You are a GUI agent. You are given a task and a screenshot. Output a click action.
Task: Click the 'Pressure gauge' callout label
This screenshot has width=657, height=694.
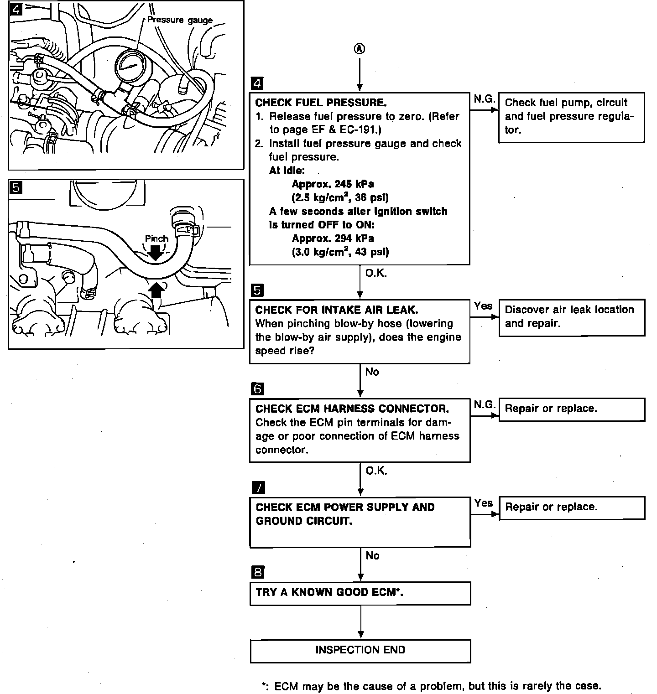[x=180, y=20]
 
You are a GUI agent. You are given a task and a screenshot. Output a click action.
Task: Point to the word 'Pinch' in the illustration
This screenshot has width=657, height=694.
[x=156, y=238]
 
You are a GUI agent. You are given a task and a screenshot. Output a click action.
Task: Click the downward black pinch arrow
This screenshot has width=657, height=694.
[x=156, y=252]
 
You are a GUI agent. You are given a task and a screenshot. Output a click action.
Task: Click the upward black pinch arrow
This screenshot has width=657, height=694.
[x=156, y=289]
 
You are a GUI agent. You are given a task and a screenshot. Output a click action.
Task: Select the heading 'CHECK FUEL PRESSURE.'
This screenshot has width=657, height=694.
[x=321, y=103]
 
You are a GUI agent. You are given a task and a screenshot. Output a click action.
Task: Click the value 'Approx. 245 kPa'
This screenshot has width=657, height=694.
[x=333, y=184]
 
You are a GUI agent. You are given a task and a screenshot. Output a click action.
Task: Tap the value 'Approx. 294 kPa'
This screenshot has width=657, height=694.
[x=333, y=238]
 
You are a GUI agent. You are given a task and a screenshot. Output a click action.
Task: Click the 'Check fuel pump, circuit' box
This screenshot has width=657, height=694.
[x=571, y=117]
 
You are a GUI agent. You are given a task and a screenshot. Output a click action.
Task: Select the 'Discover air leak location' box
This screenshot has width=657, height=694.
[x=571, y=317]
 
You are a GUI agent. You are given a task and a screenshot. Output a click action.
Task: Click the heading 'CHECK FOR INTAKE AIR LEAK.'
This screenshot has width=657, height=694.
[x=336, y=310]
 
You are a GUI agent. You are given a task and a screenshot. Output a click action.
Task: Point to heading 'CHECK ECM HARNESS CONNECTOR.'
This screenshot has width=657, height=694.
[x=352, y=409]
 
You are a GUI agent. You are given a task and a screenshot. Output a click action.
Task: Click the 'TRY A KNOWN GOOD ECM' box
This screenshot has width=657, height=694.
[x=360, y=593]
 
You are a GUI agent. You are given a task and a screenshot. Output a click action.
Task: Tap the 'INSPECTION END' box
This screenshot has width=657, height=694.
[x=360, y=650]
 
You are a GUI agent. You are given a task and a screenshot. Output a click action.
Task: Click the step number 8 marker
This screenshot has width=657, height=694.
[x=258, y=572]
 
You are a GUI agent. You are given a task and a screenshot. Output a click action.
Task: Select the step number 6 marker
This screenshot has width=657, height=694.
[x=257, y=389]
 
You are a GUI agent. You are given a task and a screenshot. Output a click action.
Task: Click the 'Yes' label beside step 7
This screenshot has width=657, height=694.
[x=483, y=503]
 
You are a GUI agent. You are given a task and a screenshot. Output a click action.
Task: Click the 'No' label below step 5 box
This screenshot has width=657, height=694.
[x=372, y=372]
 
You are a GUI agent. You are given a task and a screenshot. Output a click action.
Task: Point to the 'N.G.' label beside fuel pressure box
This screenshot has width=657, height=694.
[x=484, y=98]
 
